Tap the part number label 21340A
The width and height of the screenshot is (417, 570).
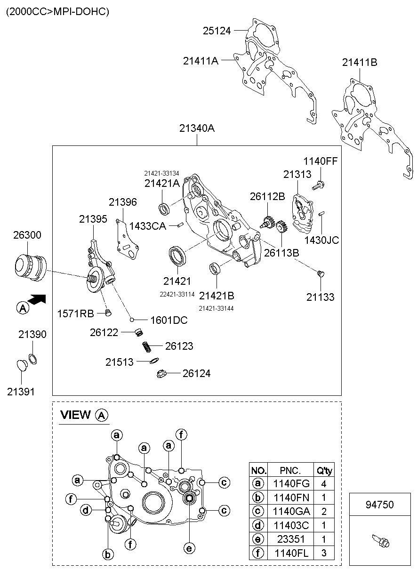coord(197,128)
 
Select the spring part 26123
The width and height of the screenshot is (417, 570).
coord(146,346)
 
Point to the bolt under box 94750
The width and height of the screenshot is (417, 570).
coord(381,540)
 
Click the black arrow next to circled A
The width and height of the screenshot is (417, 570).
coord(37,299)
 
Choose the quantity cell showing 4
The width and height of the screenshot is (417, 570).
coord(324,483)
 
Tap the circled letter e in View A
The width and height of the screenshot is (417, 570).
coord(189,548)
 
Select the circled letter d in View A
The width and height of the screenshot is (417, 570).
coord(86,510)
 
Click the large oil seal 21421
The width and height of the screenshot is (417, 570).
coord(177,256)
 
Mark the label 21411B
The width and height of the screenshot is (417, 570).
coord(360,62)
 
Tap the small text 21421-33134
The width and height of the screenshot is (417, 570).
coord(161,173)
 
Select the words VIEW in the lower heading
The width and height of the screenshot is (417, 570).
coord(75,415)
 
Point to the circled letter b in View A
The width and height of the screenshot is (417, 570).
coord(108,554)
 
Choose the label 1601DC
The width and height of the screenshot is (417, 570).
coord(169,320)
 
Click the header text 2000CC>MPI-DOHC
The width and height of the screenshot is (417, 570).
coord(57,12)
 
